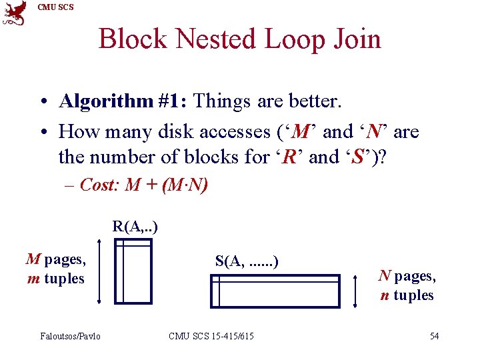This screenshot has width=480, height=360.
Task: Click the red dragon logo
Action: tap(15, 13)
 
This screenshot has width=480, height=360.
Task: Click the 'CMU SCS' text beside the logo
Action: tap(56, 7)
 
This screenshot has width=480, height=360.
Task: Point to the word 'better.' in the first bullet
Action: tap(312, 101)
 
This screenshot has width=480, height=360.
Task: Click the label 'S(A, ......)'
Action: tap(247, 261)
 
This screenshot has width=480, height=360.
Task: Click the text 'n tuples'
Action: tap(407, 295)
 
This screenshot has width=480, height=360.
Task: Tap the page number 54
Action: tap(434, 335)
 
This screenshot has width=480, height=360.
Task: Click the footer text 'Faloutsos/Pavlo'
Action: tap(70, 335)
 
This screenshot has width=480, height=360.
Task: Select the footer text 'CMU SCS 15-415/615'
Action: tap(211, 335)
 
